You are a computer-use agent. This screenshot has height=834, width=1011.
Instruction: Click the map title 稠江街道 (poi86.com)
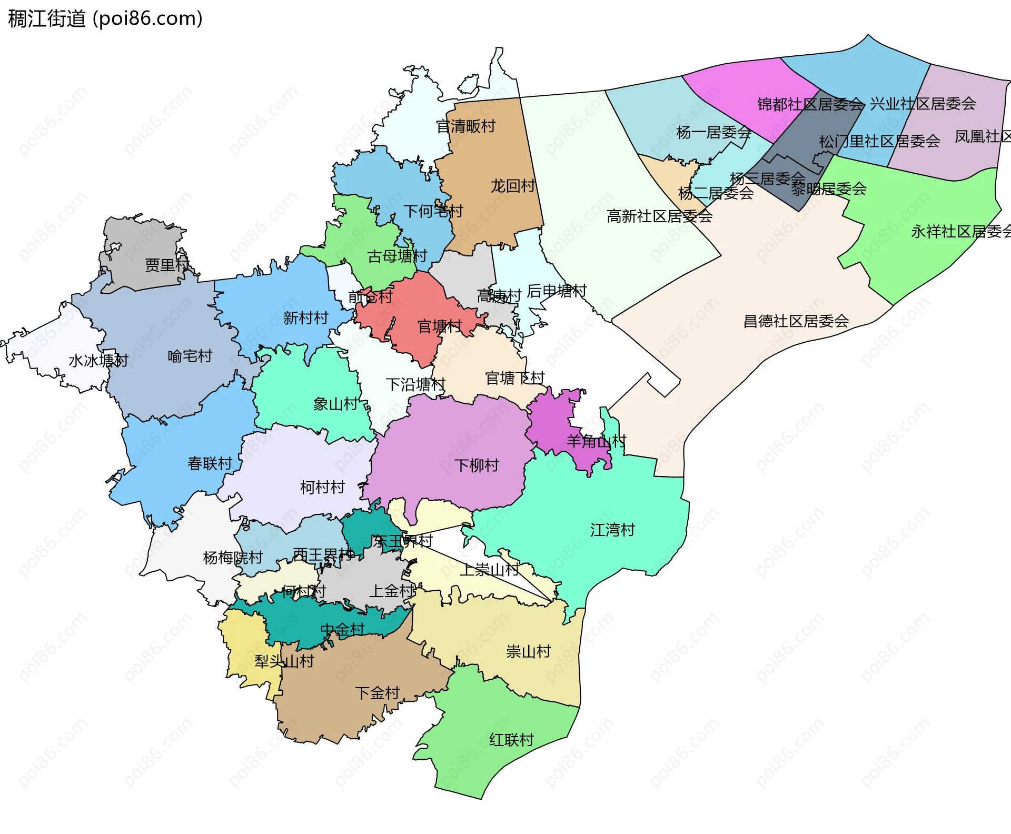point(105,19)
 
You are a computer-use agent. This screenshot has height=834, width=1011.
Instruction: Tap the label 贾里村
point(167,265)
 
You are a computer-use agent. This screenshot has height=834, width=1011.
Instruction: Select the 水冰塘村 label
point(98,361)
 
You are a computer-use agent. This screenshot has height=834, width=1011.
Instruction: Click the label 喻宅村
point(190,356)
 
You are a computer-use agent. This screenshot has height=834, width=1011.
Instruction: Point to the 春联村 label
point(210,463)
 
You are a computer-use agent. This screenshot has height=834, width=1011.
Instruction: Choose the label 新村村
point(305,318)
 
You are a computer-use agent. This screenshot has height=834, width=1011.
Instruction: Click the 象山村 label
point(335,404)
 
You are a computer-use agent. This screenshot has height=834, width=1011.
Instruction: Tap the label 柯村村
point(322,487)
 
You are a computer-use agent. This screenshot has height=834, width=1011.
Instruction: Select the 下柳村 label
point(477,465)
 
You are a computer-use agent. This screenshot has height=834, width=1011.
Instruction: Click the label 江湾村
point(612,530)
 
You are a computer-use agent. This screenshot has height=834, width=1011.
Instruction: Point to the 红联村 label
point(511,740)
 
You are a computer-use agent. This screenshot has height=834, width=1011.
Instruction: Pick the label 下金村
point(377,693)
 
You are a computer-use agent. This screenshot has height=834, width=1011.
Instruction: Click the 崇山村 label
point(528,652)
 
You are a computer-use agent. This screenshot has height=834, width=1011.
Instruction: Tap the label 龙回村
point(512,186)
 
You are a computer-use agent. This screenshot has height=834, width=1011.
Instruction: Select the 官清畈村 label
point(466,126)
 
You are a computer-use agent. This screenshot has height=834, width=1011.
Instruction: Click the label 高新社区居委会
point(659,216)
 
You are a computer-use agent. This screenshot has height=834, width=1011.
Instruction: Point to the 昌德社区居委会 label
point(796,321)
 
